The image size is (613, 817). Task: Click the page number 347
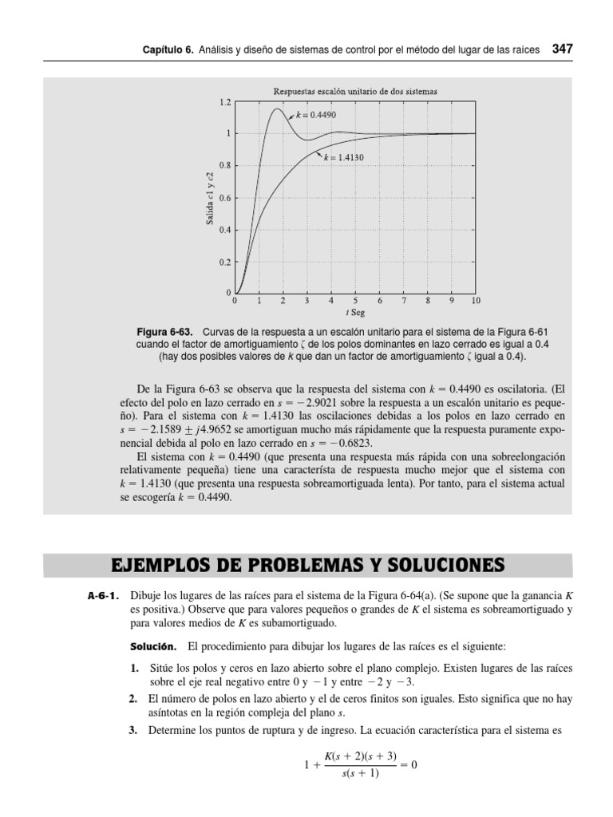tap(562, 49)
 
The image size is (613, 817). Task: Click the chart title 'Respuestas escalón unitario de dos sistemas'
tap(355, 92)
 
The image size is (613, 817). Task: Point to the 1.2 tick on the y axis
tap(226, 102)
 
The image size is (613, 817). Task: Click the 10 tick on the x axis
tap(476, 302)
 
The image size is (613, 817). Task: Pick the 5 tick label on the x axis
tap(355, 302)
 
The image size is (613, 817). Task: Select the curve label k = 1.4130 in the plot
tap(344, 158)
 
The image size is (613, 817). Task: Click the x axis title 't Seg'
tap(354, 313)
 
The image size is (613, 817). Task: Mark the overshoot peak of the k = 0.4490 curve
tap(277, 109)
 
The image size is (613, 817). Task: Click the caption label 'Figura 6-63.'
tap(167, 331)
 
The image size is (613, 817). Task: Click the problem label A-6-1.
tap(104, 595)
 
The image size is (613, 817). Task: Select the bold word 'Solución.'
tap(156, 645)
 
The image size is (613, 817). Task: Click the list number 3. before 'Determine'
tap(135, 730)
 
